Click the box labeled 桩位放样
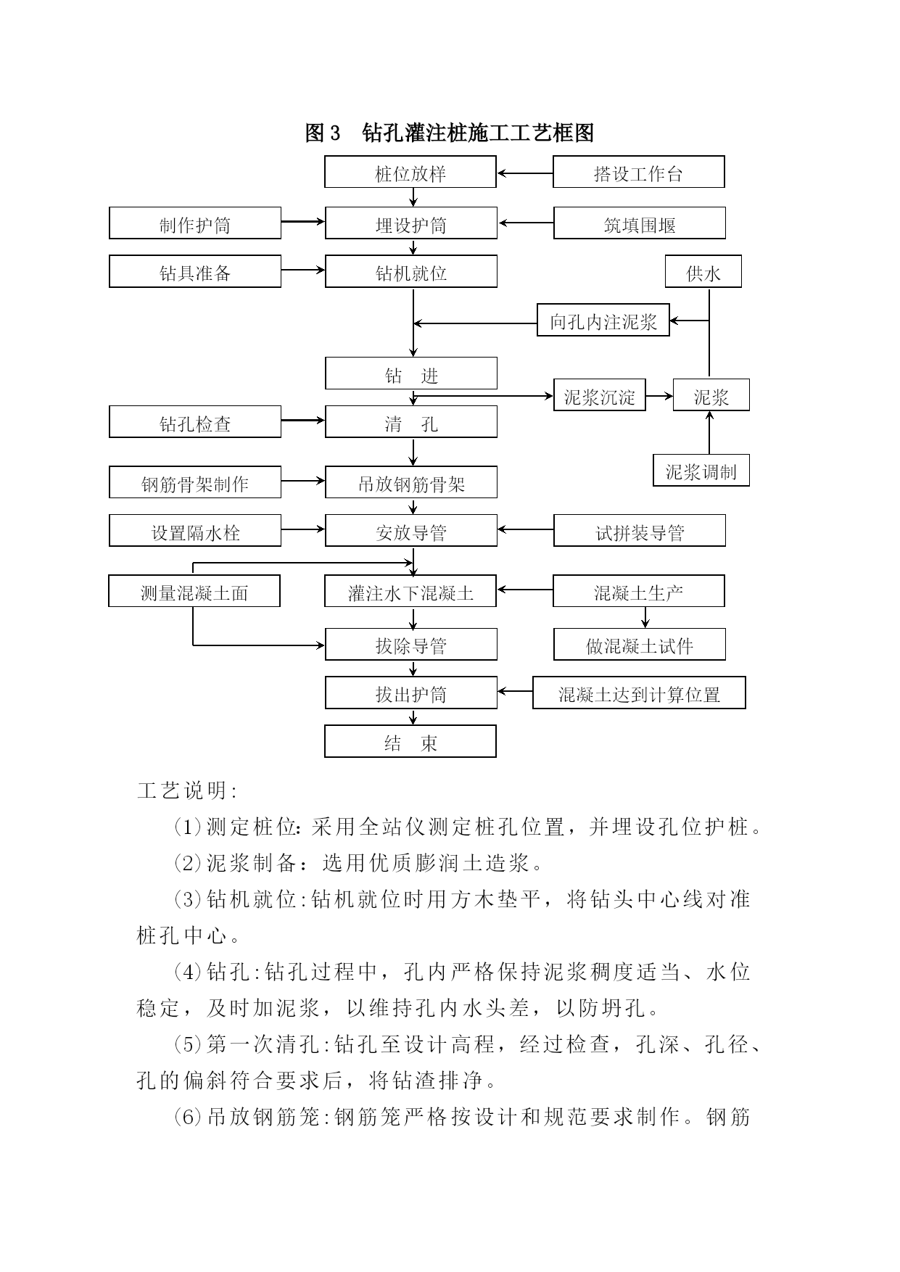click(410, 173)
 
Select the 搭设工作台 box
click(638, 173)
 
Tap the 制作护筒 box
click(194, 223)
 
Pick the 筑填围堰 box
click(639, 223)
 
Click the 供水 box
click(703, 272)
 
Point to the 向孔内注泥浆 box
click(603, 321)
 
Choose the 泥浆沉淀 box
click(599, 396)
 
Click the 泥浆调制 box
click(701, 471)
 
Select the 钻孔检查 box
click(194, 422)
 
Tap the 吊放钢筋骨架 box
click(410, 483)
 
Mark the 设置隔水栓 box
click(194, 531)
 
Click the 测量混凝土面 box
click(194, 592)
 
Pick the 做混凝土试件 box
click(639, 645)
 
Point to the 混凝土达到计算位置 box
click(639, 693)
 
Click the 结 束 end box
click(410, 741)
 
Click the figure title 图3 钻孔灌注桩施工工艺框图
click(450, 133)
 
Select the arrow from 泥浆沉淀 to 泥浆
click(659, 396)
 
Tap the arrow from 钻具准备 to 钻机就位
click(302, 270)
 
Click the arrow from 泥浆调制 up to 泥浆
click(709, 433)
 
